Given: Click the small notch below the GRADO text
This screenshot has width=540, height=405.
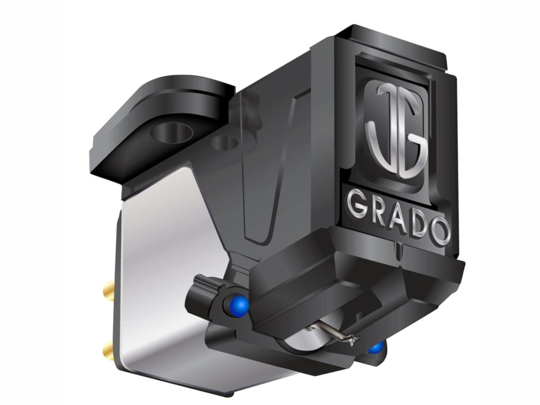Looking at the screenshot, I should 398,244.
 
